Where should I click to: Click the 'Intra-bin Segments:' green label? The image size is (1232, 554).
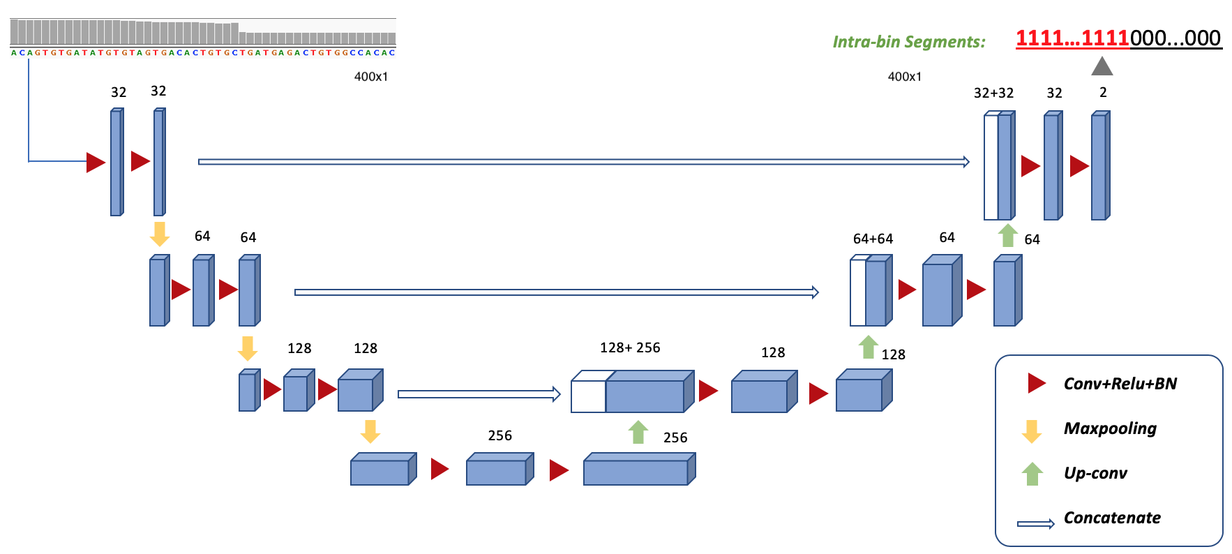coord(908,42)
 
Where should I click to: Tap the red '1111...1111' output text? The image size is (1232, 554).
coord(1072,38)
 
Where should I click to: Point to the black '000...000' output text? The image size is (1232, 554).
coord(1175,38)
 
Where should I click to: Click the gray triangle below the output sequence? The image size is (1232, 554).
coord(1102,66)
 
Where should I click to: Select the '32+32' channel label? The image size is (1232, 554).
coord(993,93)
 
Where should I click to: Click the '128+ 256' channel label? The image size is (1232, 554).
coord(630,347)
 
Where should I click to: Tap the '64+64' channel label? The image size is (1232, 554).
coord(873,239)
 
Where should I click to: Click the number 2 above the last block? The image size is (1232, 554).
coord(1103,92)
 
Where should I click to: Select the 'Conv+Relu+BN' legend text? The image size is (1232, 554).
coord(1120,384)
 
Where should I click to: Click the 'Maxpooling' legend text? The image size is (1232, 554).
coord(1110,428)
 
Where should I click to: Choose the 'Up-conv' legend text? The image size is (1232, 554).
coord(1095,473)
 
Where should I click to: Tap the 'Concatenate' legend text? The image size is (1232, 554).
coord(1112,518)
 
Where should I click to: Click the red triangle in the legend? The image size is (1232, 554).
coord(1036,383)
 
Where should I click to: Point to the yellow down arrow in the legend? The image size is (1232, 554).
coord(1031,431)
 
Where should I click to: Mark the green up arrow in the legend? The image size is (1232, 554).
coord(1032,474)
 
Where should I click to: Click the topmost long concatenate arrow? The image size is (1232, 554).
coord(583,162)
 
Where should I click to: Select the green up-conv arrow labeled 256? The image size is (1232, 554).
coord(638,433)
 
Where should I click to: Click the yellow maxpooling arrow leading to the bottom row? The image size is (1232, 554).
coord(370,431)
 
